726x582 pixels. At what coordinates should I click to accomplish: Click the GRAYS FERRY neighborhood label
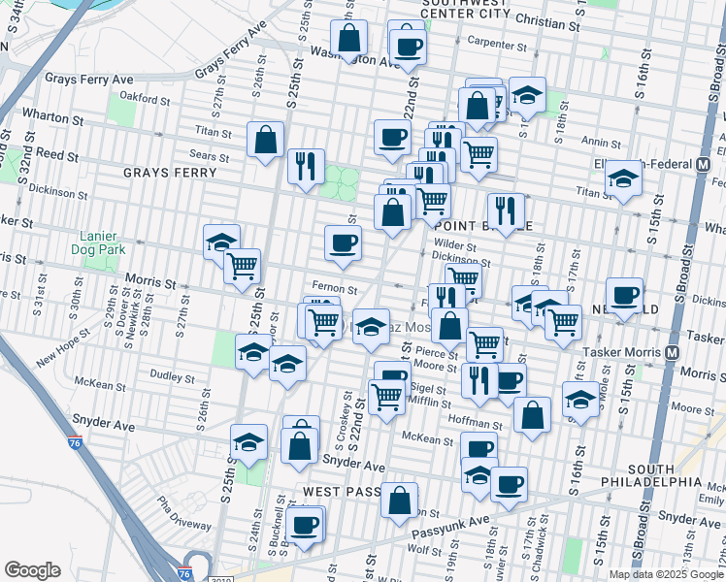tap(161, 173)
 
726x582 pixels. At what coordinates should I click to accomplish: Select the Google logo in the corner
tap(32, 570)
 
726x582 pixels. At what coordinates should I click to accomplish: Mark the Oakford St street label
tap(144, 96)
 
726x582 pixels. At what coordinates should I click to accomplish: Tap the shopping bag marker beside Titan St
tap(265, 140)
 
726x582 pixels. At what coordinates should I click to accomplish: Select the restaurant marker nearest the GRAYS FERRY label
tap(306, 165)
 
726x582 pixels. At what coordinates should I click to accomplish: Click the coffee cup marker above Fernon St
tap(342, 243)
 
